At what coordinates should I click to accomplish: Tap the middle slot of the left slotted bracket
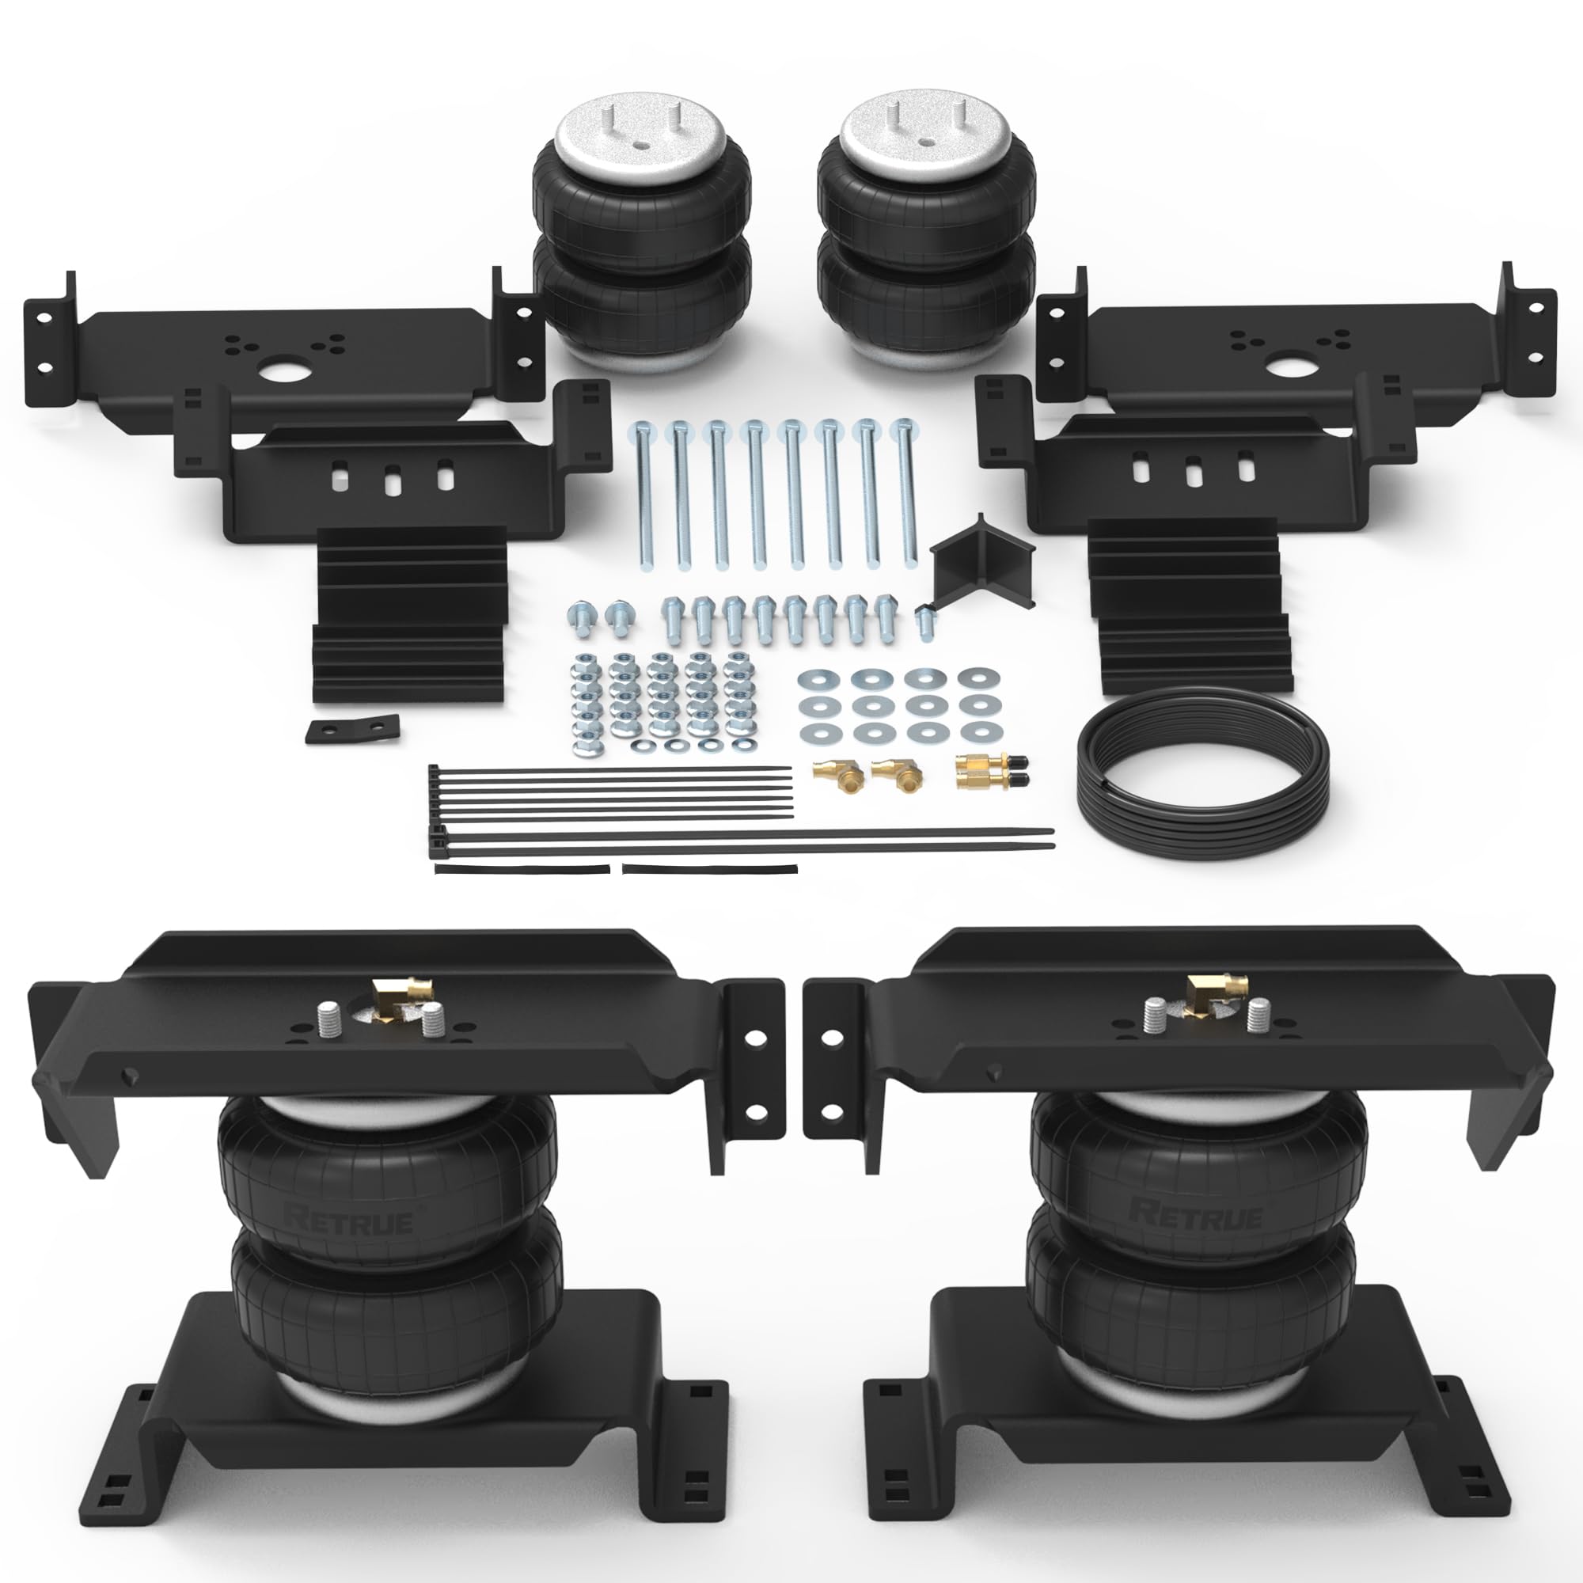tap(393, 479)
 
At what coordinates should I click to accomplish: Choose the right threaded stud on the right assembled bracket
tap(1258, 1017)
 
